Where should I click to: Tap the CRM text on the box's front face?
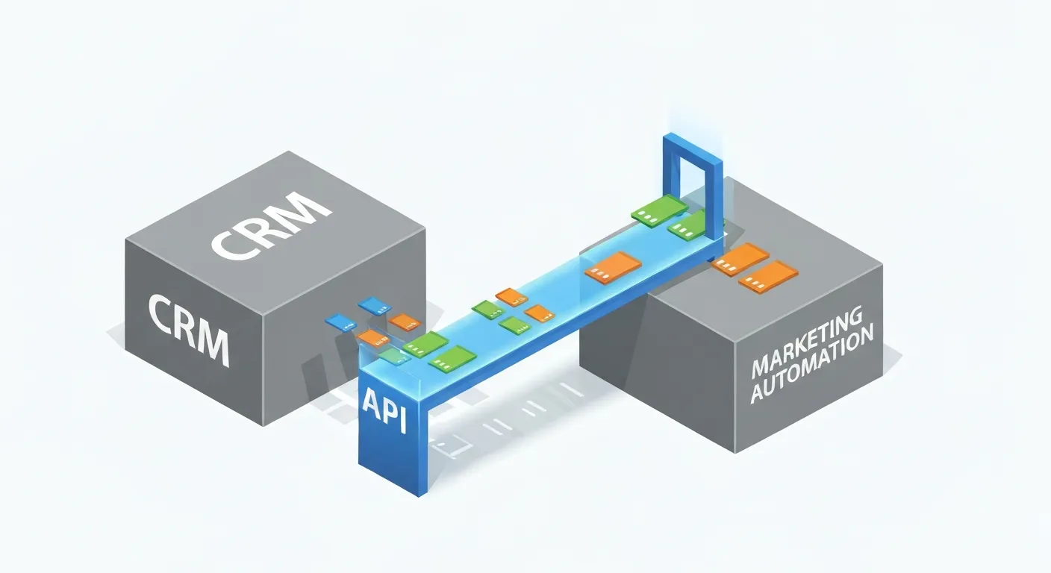pos(187,328)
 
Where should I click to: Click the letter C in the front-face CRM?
pos(160,314)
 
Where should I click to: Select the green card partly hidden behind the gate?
pos(687,226)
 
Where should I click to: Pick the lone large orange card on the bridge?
pos(613,266)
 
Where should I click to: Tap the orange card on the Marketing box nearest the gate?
pos(740,259)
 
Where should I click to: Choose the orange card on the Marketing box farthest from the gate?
pos(768,277)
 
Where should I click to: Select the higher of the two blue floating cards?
pos(374,306)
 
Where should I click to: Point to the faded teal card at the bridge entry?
pos(391,355)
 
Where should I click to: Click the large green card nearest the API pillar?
pos(452,357)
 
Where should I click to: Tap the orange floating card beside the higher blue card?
pos(405,322)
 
